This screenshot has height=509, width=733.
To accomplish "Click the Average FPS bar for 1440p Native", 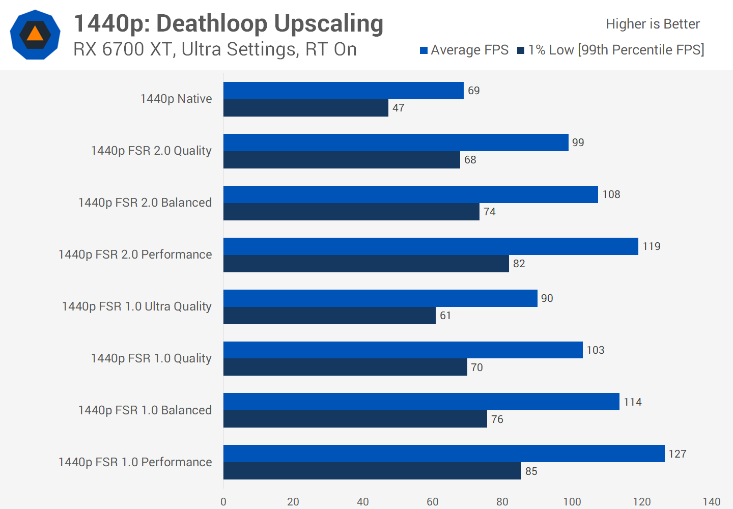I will (344, 91).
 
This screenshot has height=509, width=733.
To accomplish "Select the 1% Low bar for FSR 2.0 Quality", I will (342, 160).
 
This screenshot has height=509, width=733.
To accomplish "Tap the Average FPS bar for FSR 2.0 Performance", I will (431, 246).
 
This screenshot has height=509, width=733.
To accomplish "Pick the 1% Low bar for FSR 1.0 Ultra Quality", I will (329, 316).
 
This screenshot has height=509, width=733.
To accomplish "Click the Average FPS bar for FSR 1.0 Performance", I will (444, 454).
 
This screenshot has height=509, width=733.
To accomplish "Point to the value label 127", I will (677, 454).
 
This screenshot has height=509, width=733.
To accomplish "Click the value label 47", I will (399, 108).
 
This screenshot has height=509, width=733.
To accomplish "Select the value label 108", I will (611, 194).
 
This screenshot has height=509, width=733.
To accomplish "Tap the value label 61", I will (445, 316).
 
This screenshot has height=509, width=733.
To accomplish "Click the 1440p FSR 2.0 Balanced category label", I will (145, 203).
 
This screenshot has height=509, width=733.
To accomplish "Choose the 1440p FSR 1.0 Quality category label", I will (151, 358).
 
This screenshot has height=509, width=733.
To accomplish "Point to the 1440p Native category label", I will (176, 99).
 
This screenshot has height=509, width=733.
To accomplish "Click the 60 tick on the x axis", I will (432, 502).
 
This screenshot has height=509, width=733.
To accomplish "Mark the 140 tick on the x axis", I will (711, 502).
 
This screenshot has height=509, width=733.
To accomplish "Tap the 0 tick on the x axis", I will (223, 502).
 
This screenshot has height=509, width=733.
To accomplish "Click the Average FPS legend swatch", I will (424, 50).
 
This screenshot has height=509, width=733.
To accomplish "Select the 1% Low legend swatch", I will (521, 50).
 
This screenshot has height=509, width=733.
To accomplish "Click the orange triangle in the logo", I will (35, 34).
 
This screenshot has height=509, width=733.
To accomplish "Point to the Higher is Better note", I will (653, 24).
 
